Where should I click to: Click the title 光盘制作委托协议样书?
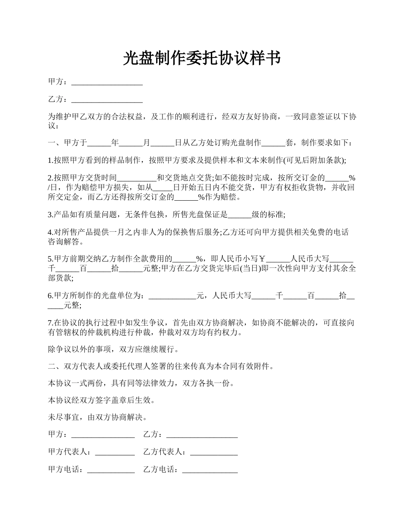click(x=202, y=58)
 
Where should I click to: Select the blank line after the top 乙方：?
click(x=107, y=100)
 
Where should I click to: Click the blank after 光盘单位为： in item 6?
click(x=172, y=296)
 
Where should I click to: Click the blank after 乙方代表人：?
click(x=213, y=452)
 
